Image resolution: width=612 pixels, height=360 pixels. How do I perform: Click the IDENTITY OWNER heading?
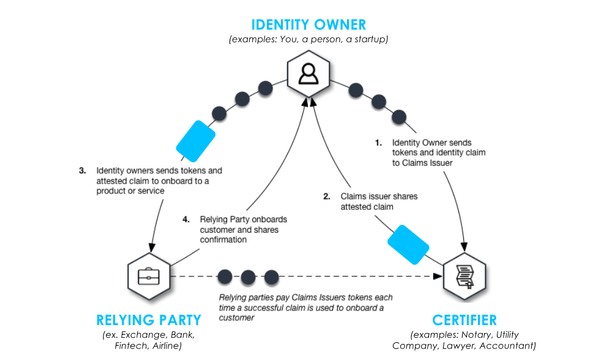308,24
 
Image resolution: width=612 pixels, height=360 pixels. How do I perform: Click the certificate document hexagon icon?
465,277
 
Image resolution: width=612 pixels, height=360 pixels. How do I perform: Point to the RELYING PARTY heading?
148,320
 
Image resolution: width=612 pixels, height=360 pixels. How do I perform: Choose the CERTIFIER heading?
465,320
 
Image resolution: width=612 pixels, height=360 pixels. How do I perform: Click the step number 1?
378,143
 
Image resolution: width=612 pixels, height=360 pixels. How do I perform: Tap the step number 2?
327,197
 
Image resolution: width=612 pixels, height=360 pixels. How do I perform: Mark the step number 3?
83,171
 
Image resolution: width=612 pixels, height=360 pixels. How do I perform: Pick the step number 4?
186,219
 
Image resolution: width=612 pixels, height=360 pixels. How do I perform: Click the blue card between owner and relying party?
195,141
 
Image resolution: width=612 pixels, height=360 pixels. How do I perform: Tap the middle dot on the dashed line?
248,277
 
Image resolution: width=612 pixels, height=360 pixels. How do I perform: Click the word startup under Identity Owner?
370,39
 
